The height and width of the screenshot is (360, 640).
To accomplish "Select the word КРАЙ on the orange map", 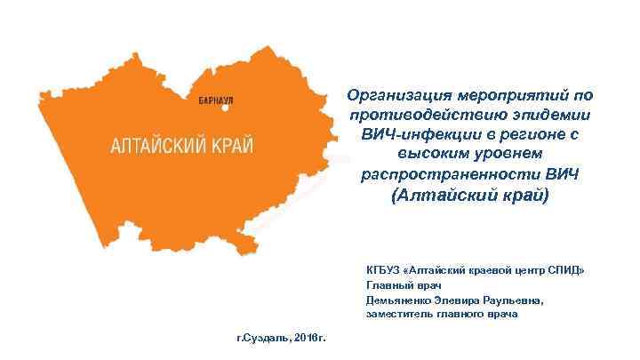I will tap(231, 144).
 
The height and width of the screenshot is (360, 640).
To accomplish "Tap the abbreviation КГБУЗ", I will tap(383, 269).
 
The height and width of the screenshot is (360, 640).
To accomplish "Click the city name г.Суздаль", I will tap(261, 340).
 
